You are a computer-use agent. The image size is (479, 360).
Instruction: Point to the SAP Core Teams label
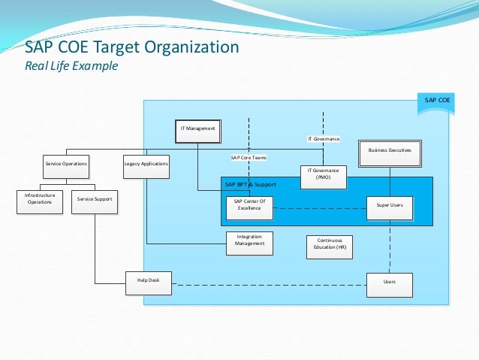tap(249, 158)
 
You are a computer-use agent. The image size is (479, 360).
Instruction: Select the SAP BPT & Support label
tap(251, 184)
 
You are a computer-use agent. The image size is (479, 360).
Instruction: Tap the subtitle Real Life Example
tap(72, 66)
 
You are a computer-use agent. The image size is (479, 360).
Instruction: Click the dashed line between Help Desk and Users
tap(270, 284)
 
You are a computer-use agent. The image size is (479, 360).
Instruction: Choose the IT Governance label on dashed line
tap(324, 139)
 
